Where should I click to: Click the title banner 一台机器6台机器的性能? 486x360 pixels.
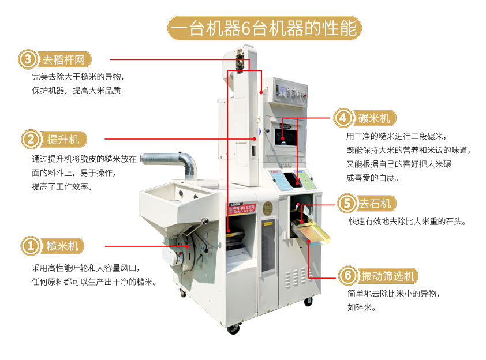[x=264, y=28]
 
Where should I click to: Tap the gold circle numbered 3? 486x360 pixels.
[x=28, y=59]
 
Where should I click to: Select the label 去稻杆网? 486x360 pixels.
[x=64, y=59]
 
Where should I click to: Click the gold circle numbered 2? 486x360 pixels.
[x=31, y=140]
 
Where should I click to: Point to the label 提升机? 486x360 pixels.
[x=63, y=140]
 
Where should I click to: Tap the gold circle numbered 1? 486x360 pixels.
[x=31, y=246]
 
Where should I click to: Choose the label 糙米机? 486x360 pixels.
[x=62, y=246]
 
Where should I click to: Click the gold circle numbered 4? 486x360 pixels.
[x=343, y=118]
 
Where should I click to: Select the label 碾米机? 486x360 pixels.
[x=375, y=118]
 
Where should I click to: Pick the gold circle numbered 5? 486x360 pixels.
[x=346, y=204]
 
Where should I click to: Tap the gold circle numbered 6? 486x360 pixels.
[x=348, y=275]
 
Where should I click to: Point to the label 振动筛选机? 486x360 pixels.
[x=388, y=276]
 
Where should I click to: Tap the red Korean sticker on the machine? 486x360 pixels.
[x=242, y=208]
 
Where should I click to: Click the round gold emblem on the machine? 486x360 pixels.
[x=267, y=208]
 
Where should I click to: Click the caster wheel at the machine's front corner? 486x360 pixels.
[x=233, y=328]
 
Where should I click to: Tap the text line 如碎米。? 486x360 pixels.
[x=361, y=307]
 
